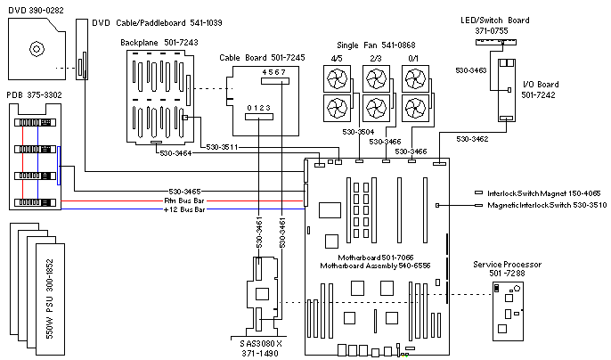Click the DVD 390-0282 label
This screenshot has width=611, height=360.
click(x=30, y=7)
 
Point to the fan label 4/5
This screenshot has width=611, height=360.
click(x=338, y=60)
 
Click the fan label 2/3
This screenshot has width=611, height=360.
click(x=376, y=60)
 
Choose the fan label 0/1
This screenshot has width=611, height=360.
click(x=412, y=60)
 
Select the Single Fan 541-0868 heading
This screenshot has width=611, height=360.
click(x=376, y=45)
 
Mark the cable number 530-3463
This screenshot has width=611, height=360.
click(x=471, y=68)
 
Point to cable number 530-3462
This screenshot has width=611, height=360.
click(x=474, y=139)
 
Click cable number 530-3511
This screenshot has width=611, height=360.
click(x=219, y=146)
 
